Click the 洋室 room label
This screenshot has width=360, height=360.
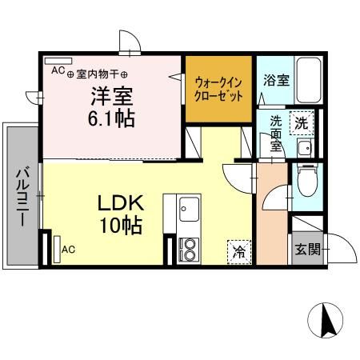pos(110,95)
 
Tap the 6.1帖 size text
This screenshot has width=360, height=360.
pos(110,118)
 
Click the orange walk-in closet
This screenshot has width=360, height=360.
pos(218,88)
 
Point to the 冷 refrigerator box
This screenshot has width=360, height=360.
pos(239,251)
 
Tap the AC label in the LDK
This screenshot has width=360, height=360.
pos(69,249)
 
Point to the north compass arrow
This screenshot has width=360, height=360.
pos(326,322)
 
